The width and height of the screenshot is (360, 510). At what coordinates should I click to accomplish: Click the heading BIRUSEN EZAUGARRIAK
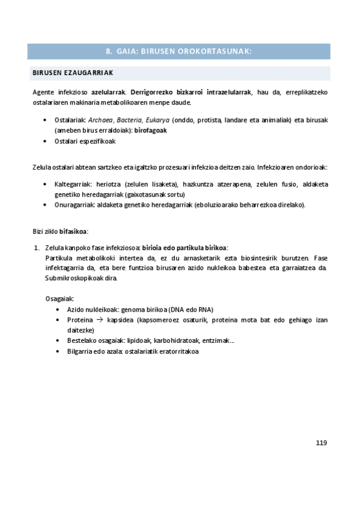tap(72, 73)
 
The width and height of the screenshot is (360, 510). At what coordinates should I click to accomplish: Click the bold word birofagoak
tap(150, 131)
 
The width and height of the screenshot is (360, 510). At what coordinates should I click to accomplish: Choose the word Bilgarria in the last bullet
tap(81, 351)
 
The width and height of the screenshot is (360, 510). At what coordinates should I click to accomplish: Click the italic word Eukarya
tap(157, 120)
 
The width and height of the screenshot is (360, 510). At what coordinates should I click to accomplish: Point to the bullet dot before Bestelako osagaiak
tap(58, 341)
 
